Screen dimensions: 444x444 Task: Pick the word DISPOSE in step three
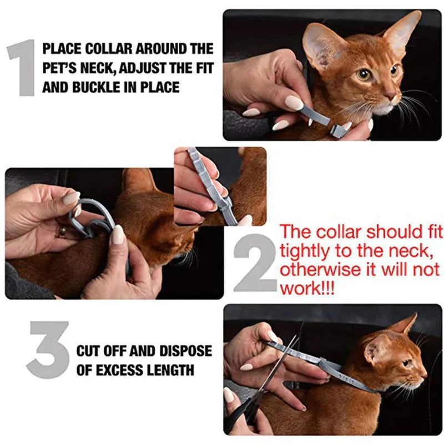(185, 351)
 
